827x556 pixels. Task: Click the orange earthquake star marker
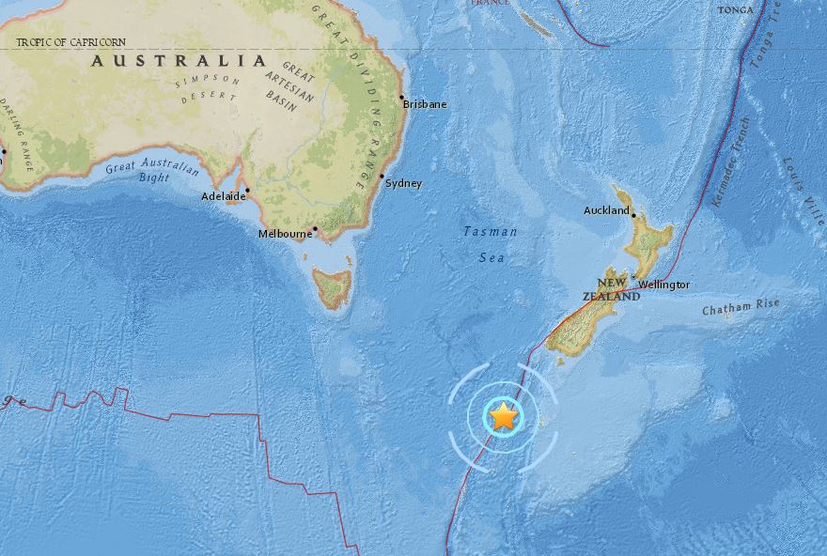[504, 415]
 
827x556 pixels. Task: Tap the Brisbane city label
[425, 104]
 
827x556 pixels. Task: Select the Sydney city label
[404, 183]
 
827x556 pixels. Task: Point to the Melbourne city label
[284, 233]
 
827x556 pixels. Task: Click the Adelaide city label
[221, 196]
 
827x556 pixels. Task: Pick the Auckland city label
[606, 211]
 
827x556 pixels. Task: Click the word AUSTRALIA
[179, 61]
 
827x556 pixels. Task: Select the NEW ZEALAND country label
[616, 289]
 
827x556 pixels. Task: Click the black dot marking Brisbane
[401, 97]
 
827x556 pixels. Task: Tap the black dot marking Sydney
[382, 176]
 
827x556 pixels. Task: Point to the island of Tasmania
[334, 286]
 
